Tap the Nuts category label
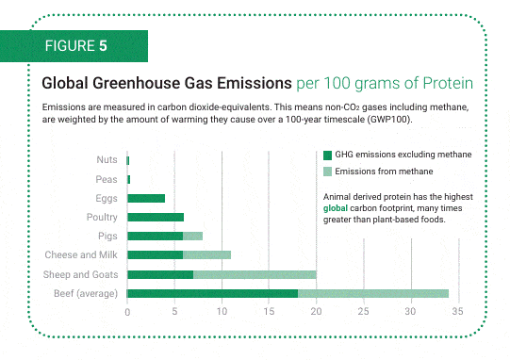(106, 160)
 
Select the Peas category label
(106, 179)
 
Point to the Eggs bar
(145, 198)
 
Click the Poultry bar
(155, 217)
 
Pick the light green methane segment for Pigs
(192, 236)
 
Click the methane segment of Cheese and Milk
(206, 254)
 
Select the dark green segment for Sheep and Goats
(159, 274)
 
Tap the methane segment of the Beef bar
(373, 293)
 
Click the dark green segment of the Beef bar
(212, 293)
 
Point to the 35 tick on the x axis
(457, 311)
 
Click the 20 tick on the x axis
(316, 311)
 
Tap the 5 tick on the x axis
(174, 311)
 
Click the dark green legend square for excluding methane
(327, 155)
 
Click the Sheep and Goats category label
(80, 274)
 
